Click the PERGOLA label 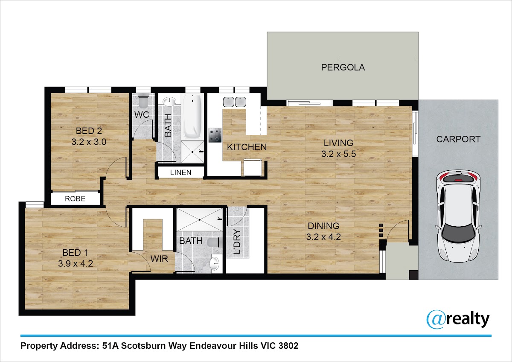click(343, 67)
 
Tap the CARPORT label click(458, 139)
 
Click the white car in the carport click(458, 216)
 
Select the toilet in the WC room click(143, 101)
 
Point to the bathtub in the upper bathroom click(192, 117)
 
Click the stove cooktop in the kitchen click(215, 135)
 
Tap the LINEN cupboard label click(180, 172)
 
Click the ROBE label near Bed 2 click(75, 199)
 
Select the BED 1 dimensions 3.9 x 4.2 click(76, 264)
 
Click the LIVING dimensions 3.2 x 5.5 click(338, 154)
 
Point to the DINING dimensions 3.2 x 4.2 click(323, 236)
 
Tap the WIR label click(159, 259)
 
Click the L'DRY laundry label click(237, 242)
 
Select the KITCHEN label click(247, 147)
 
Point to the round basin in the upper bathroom click(169, 101)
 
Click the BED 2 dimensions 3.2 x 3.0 click(89, 142)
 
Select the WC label click(142, 114)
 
